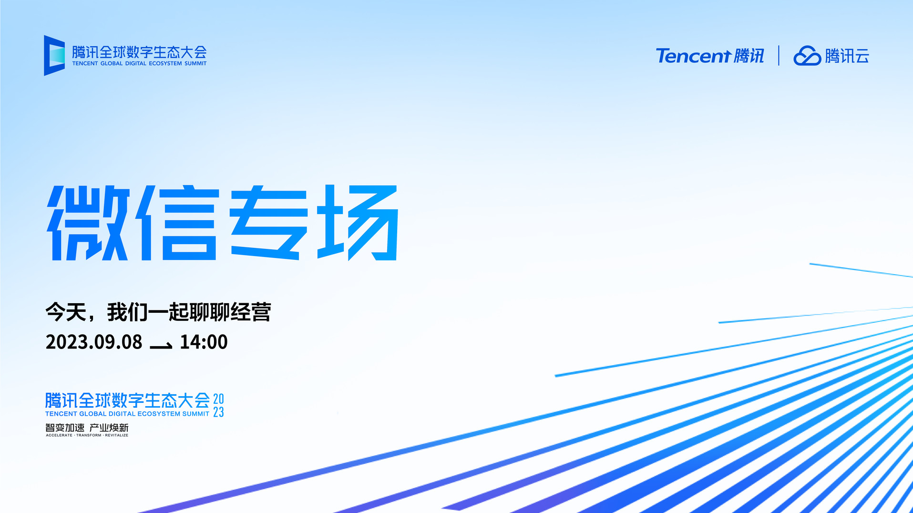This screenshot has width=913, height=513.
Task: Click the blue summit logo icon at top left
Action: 54,55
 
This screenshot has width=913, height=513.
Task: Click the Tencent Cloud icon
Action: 807,56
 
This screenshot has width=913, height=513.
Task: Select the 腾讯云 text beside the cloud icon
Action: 847,56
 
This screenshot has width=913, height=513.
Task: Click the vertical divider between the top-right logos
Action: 779,55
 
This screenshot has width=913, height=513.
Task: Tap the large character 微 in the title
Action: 88,223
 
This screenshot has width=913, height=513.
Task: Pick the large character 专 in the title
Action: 269,223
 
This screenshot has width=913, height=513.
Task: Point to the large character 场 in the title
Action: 358,223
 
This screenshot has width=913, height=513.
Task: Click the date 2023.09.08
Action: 94,342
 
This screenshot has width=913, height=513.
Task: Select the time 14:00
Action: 204,342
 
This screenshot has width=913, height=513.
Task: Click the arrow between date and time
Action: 161,346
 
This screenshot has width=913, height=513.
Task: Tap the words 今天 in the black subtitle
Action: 66,312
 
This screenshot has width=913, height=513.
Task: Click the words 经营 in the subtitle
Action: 251,312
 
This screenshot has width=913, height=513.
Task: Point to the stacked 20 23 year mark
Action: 218,405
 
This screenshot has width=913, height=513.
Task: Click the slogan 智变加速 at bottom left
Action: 65,428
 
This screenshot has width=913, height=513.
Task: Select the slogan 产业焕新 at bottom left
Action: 109,428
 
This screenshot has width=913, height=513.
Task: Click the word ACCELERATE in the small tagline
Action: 59,435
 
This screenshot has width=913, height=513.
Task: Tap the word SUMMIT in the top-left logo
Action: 195,63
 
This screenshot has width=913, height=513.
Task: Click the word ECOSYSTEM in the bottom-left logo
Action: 159,414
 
